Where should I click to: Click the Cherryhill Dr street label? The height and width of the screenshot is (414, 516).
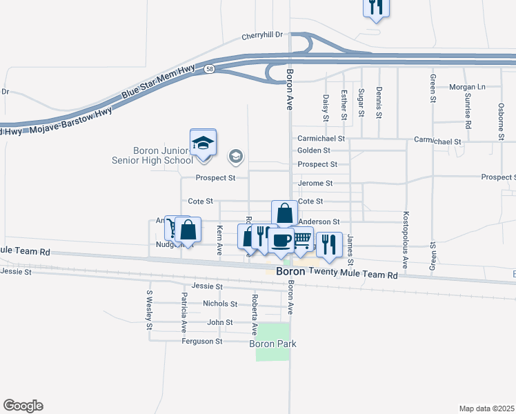click(x=263, y=37)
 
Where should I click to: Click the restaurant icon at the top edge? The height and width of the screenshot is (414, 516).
click(x=376, y=7)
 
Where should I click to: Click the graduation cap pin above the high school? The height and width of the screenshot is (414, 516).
click(x=204, y=143)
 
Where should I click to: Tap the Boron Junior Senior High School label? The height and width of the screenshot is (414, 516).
click(x=163, y=155)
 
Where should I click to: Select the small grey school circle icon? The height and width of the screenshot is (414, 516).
click(x=236, y=157)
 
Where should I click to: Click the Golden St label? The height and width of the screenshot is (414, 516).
click(x=314, y=150)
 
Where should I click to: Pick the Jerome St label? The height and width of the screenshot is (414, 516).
click(x=315, y=184)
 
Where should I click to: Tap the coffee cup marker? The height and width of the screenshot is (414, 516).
click(x=281, y=241)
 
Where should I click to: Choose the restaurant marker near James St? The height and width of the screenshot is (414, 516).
click(x=328, y=244)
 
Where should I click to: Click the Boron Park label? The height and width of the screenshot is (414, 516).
click(x=273, y=344)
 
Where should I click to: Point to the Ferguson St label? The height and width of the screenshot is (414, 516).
click(x=201, y=341)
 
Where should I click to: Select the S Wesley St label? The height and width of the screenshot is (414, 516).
click(x=148, y=310)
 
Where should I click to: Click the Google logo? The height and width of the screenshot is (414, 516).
click(x=23, y=406)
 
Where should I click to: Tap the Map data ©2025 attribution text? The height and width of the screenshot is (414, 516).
click(x=486, y=408)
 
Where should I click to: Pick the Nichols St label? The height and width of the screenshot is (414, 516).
click(x=220, y=304)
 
